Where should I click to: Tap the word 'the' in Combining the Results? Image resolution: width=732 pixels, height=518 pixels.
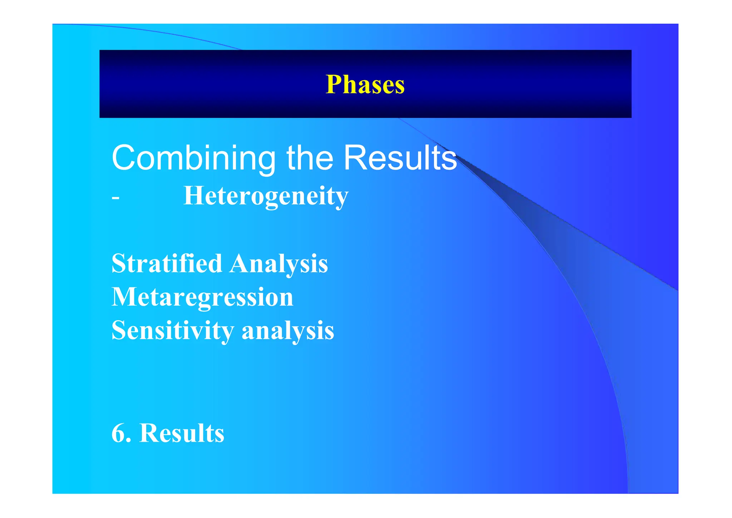point(310,158)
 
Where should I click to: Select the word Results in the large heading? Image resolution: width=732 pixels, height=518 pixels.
point(400,158)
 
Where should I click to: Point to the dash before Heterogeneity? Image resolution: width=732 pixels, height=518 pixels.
point(115,198)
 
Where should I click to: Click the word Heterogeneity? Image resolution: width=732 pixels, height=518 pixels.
point(266,196)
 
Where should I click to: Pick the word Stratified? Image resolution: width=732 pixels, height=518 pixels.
point(167,263)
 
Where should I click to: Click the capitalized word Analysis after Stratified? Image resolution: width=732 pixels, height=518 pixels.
point(279,264)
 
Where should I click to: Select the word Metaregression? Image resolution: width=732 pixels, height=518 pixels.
point(202,297)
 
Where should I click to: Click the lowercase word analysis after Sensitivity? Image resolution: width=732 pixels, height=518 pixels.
point(288,331)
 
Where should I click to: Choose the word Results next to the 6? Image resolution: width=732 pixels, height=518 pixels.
point(182,433)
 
